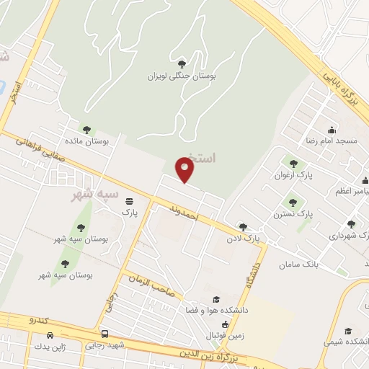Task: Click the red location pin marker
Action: coord(185,170)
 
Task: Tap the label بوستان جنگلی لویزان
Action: coord(182,75)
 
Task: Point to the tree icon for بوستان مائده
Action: coord(87,130)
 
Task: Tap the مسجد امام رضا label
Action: coord(332,142)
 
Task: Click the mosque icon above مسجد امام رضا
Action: coord(332,130)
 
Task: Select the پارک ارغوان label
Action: coord(291,174)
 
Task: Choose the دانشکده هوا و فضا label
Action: coord(217,310)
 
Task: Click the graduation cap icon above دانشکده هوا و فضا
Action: coord(215,298)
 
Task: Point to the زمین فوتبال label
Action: coord(226,336)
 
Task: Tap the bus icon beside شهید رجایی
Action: coord(105,334)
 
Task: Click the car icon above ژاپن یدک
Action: coord(50,336)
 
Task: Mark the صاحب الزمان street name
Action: coord(152,285)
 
